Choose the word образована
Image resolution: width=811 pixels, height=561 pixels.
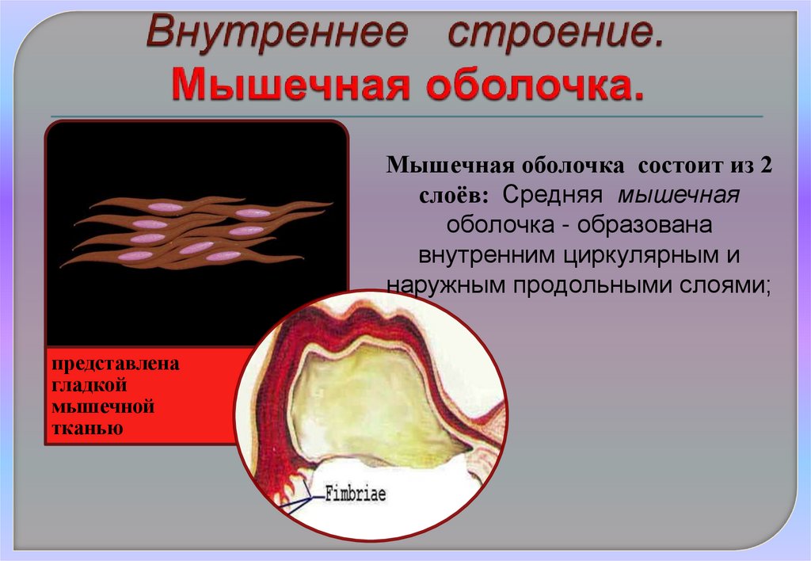[645, 225]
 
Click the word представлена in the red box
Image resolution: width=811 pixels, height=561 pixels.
[116, 366]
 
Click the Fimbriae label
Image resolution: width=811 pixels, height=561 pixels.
[355, 494]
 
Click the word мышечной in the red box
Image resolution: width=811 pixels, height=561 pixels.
[103, 408]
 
